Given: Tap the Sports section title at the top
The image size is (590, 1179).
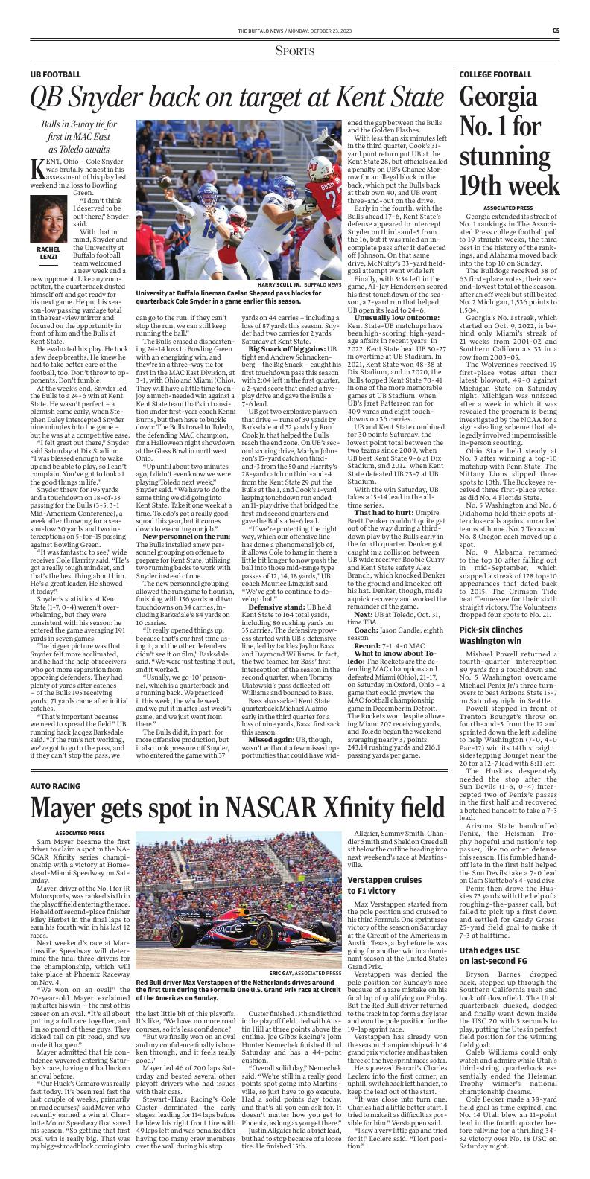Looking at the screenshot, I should pos(295,51).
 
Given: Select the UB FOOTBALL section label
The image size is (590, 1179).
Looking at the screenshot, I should pos(56,75).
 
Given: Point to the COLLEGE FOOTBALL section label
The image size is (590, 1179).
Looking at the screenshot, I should pos(495,75).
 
